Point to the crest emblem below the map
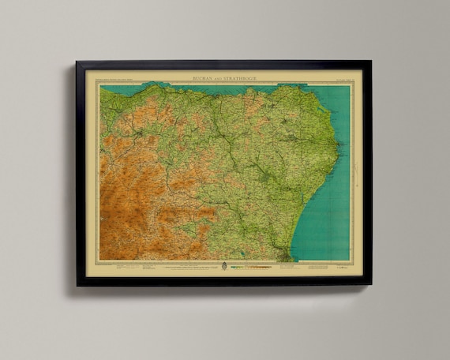(x=224, y=266)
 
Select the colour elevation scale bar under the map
(x=250, y=267)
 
